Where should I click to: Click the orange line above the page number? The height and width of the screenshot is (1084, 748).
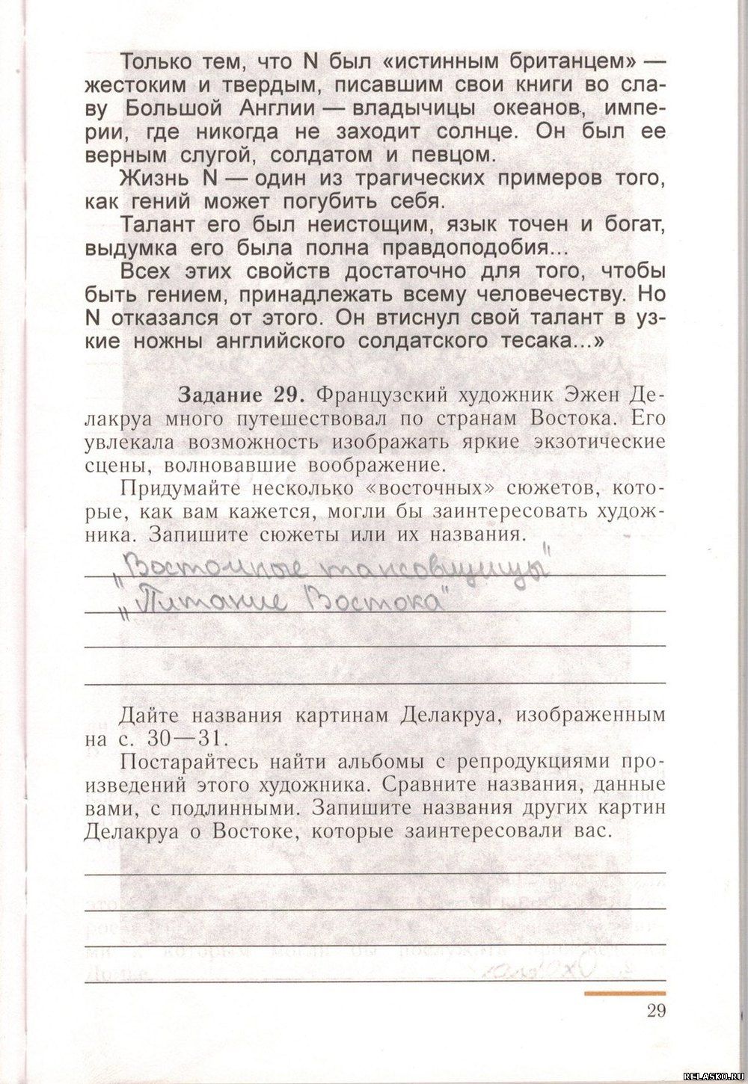tap(624, 994)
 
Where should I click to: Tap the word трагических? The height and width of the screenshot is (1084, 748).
tap(432, 179)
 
